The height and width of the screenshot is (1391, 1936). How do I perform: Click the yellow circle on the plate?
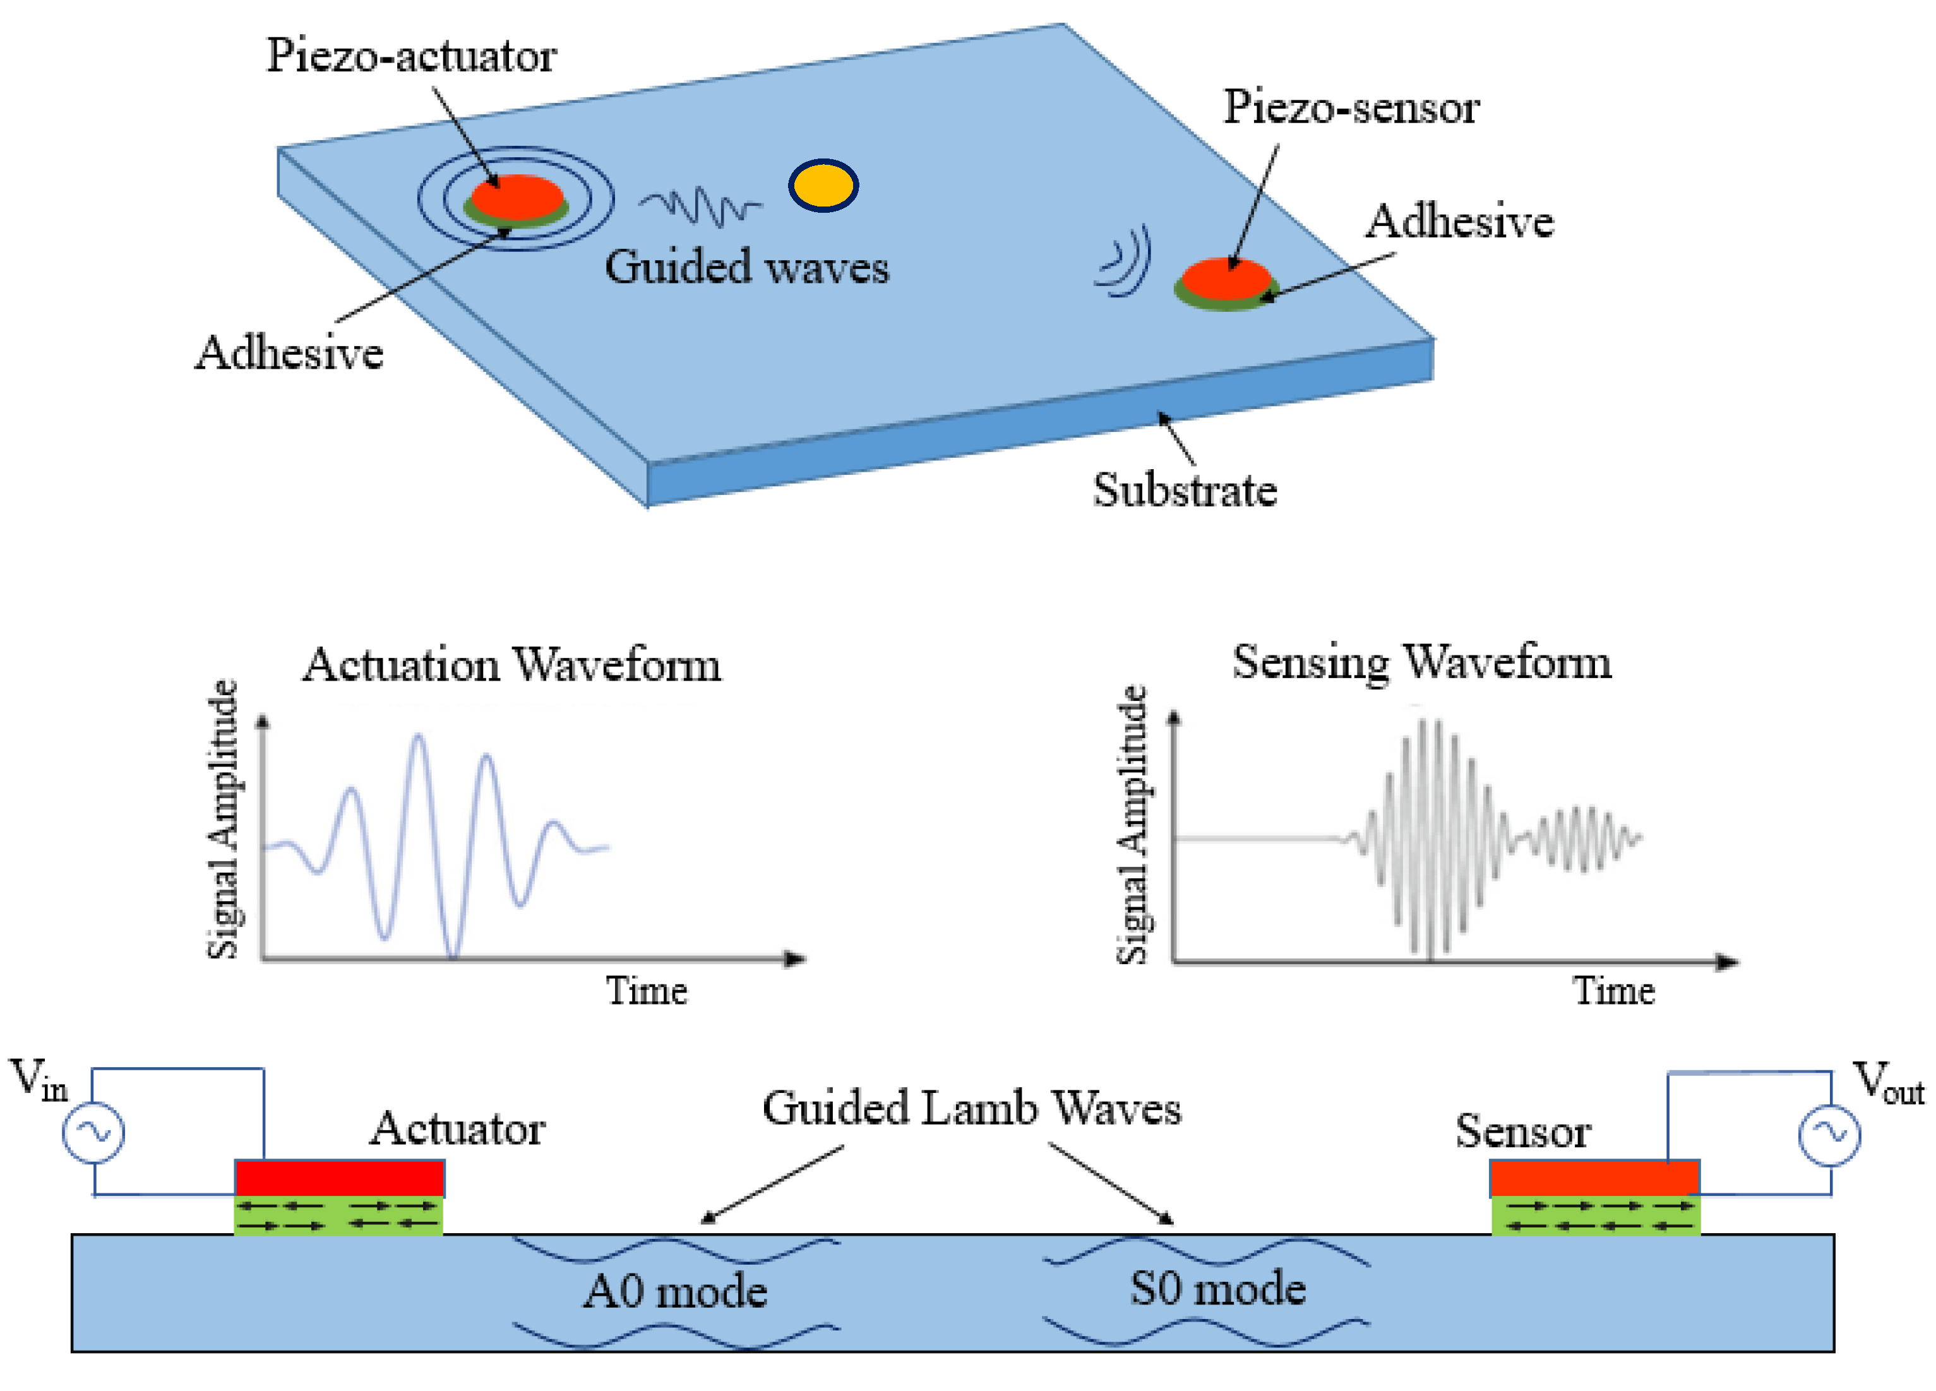[823, 185]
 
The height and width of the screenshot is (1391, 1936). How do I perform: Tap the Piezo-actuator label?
[412, 56]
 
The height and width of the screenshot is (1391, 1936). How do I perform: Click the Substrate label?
[1185, 491]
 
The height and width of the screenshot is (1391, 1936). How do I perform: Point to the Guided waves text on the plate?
[747, 266]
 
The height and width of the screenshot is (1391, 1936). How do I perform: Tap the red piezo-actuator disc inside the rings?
[517, 196]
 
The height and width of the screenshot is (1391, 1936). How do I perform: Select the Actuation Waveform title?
[512, 665]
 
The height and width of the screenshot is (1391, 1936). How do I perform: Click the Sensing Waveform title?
[1421, 662]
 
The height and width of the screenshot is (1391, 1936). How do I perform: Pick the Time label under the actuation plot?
[646, 991]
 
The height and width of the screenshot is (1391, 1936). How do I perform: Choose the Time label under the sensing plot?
[1613, 991]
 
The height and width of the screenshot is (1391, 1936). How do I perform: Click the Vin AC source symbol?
[94, 1132]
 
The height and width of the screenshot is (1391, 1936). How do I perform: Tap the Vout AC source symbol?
[1829, 1135]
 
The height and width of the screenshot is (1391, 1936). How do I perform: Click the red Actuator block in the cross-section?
[340, 1178]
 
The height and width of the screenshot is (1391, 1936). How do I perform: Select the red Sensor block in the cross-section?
[1594, 1178]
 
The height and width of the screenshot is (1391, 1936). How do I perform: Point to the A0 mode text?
[675, 1291]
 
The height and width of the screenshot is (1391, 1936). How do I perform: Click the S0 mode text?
[1218, 1289]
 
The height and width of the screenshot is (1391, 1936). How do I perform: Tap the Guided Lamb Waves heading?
[971, 1109]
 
